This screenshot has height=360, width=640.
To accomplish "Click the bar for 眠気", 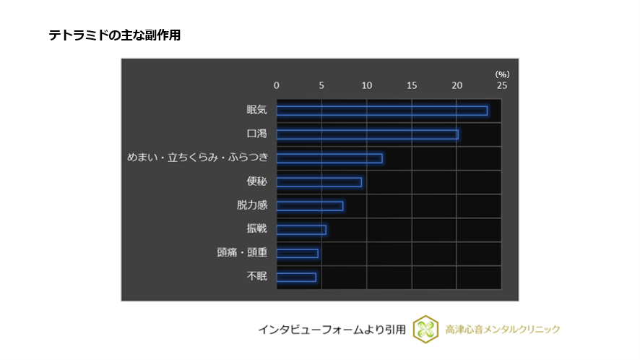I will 381,111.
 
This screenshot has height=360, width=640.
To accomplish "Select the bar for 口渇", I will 367,134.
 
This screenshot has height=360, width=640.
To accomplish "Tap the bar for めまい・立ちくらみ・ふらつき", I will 329,158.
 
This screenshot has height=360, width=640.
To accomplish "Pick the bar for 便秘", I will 319,182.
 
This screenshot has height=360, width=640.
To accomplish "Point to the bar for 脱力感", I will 310,206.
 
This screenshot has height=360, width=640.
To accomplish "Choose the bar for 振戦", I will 301,230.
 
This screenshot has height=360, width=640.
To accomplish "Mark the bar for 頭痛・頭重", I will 297,254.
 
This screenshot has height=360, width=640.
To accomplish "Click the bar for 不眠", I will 296,278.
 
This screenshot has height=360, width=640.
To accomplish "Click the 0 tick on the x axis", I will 277,85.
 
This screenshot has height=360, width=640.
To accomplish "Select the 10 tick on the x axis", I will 367,85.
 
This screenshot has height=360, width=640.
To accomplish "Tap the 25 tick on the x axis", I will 502,85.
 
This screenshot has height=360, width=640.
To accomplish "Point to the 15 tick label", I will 412,85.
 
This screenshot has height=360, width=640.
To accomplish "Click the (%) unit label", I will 502,74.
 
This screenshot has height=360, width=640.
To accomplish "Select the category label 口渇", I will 256,134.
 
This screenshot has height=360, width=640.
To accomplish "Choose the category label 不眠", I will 256,277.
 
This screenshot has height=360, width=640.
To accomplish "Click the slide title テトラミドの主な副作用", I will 114,35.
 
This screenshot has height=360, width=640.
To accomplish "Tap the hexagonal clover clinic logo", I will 426,330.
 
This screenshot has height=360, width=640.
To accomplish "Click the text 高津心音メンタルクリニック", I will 503,330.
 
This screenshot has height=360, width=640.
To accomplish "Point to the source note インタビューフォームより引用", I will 332,330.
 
